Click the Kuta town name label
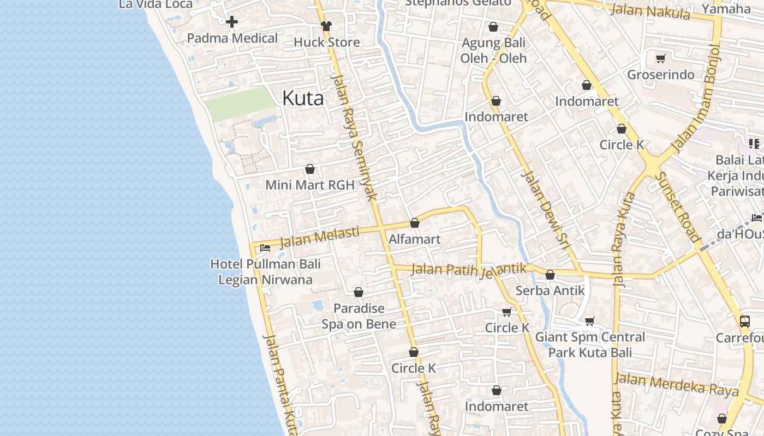click(x=303, y=98)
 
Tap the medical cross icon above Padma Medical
click(x=232, y=22)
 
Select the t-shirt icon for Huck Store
click(x=326, y=26)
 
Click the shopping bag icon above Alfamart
click(x=415, y=223)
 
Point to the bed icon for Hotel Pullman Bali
click(x=265, y=248)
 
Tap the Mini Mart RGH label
click(x=309, y=185)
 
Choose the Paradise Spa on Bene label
click(x=359, y=316)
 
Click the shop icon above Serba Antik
click(x=550, y=275)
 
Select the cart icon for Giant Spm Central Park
click(x=589, y=321)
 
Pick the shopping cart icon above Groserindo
click(x=661, y=58)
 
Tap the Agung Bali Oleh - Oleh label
click(x=493, y=50)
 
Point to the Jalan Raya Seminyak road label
click(x=354, y=136)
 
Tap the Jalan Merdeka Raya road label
click(x=677, y=384)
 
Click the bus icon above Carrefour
click(x=745, y=321)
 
